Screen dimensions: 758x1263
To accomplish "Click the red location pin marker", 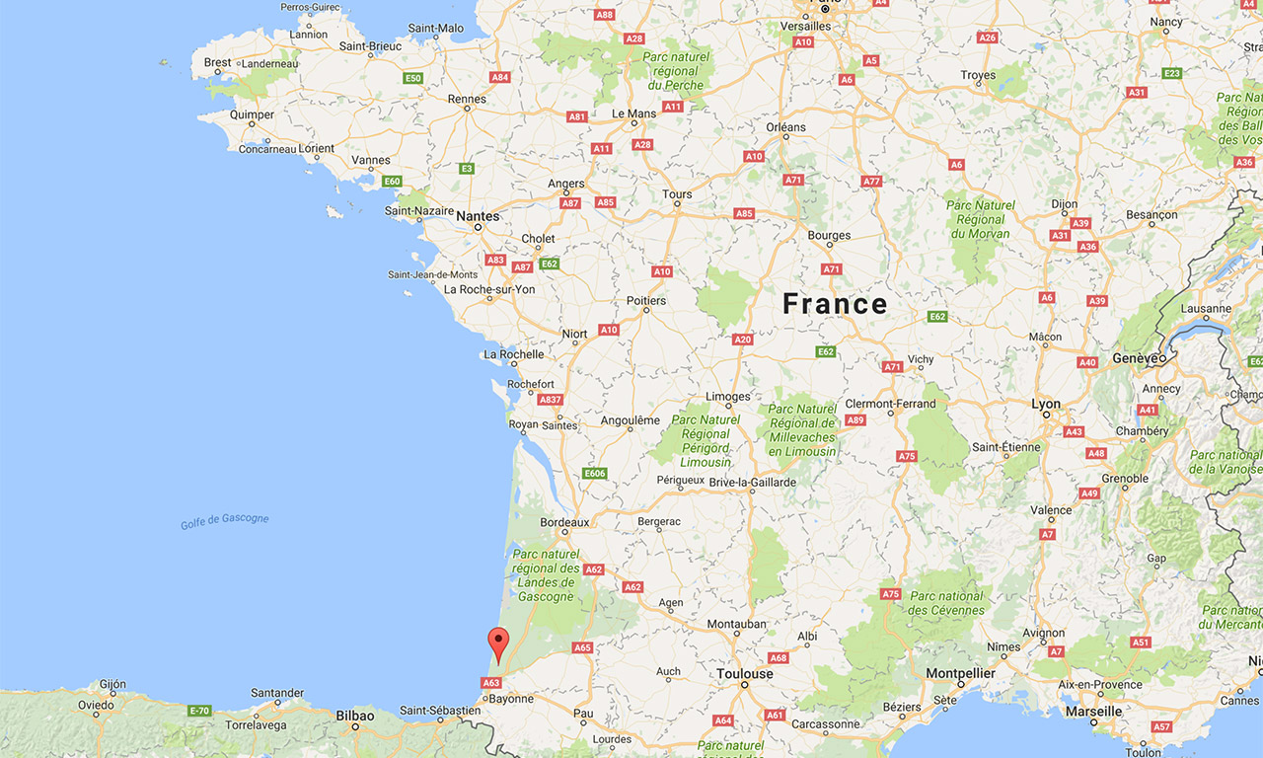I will (499, 643).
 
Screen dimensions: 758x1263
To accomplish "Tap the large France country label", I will (835, 303).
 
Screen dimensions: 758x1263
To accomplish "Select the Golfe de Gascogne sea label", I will (224, 520).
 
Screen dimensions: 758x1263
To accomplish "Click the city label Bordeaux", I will (564, 522).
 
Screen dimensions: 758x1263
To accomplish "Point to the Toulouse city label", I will (745, 674).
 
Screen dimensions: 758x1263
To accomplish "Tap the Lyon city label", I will (1046, 405).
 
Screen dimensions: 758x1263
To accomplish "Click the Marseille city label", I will (1093, 711).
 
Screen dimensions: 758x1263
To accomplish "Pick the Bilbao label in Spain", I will (354, 716).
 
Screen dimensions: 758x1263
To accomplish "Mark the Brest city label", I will (217, 62).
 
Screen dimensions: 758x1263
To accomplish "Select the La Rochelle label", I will (513, 354).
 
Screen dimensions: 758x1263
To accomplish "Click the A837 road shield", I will (551, 400).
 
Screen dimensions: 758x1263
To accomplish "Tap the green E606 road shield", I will (594, 474).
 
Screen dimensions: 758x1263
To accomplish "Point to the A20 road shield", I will (743, 340).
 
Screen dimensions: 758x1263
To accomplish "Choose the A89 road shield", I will (855, 420).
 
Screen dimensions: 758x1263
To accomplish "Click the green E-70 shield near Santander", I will (200, 711).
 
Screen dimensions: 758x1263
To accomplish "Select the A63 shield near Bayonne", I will (491, 682).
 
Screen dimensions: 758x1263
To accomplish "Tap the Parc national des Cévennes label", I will (946, 603).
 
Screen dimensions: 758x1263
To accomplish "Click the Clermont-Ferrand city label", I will (890, 404).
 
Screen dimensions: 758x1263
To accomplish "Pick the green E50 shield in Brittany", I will (412, 78).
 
